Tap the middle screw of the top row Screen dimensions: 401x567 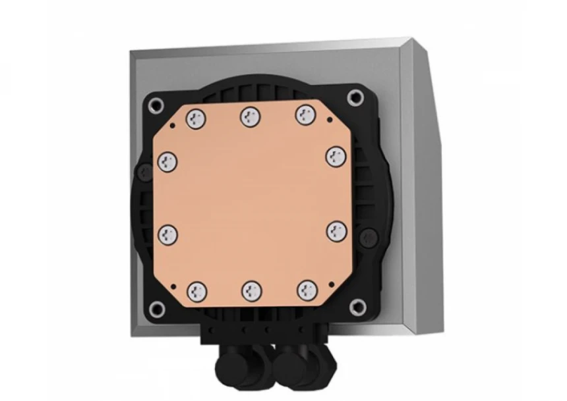pyautogui.click(x=251, y=117)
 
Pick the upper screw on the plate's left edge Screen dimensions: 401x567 pyautogui.click(x=167, y=159)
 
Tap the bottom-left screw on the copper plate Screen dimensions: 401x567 pyautogui.click(x=196, y=290)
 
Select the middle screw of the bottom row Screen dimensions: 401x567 pyautogui.click(x=251, y=290)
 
